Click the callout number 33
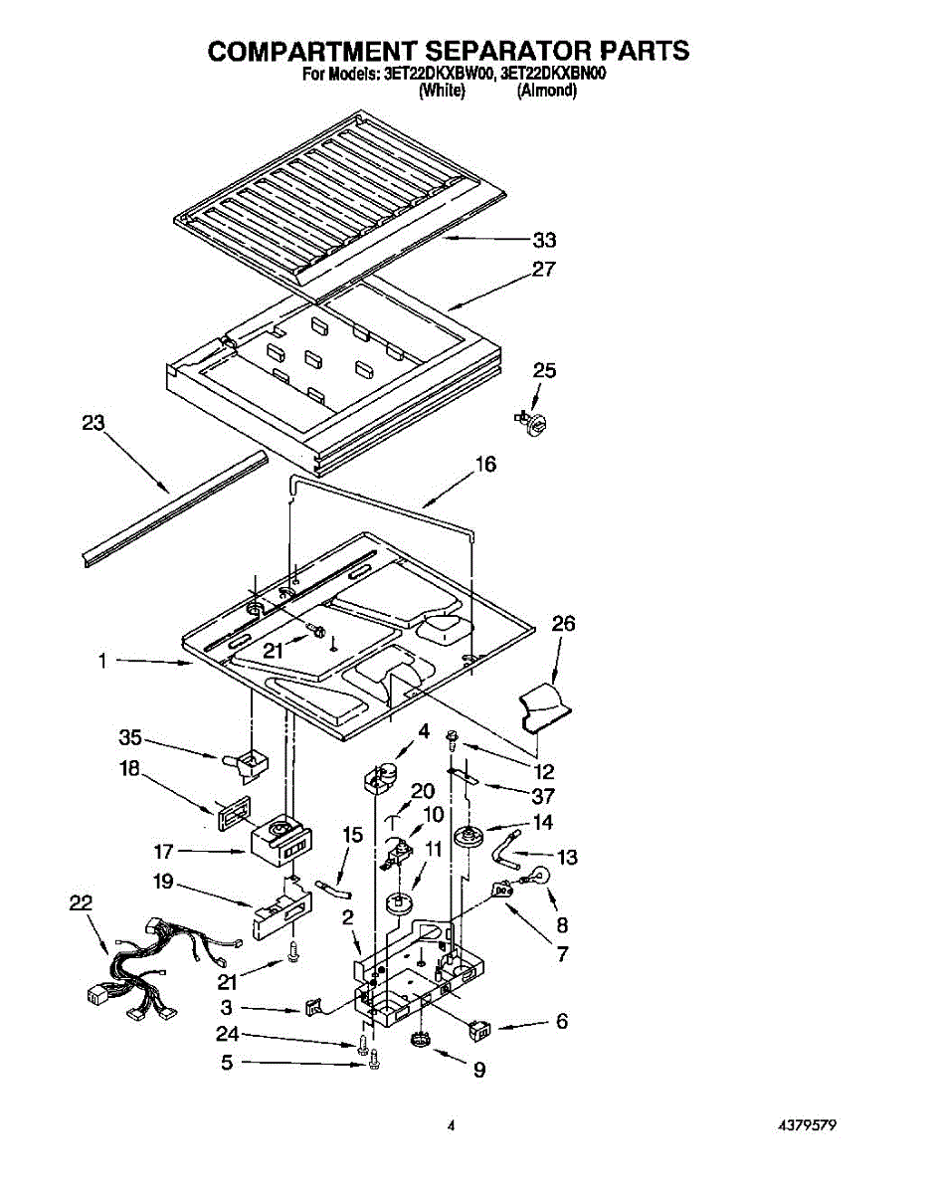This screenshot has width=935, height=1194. (x=543, y=240)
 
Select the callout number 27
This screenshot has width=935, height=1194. (x=543, y=269)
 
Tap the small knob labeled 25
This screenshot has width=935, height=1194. (x=536, y=423)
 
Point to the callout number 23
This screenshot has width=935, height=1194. (x=93, y=423)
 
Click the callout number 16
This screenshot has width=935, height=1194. (x=485, y=465)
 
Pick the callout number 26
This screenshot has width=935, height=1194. (x=563, y=624)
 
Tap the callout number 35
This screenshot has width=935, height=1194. (x=130, y=737)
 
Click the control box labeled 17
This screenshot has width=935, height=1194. (x=280, y=844)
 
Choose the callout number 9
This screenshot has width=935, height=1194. (x=479, y=1072)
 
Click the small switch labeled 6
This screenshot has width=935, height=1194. (x=481, y=1030)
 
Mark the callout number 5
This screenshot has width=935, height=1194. (x=228, y=1063)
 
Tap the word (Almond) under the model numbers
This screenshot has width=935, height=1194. (x=547, y=91)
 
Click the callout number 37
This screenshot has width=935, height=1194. (x=543, y=796)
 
